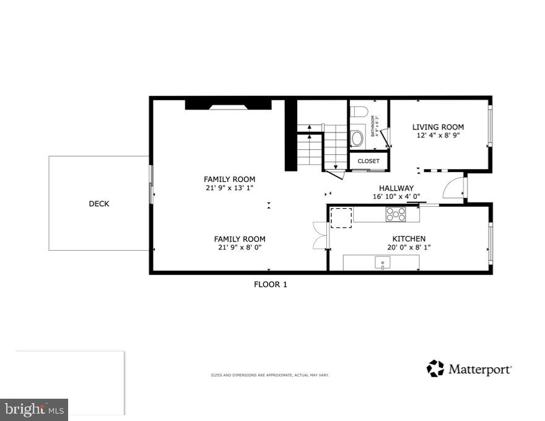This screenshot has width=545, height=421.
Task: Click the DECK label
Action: (x=98, y=204)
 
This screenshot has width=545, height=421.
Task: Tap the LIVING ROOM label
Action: (x=438, y=127)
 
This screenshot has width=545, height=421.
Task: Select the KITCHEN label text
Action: (x=409, y=238)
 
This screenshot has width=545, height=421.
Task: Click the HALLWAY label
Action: (x=396, y=188)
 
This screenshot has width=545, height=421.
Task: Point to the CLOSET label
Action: (x=368, y=161)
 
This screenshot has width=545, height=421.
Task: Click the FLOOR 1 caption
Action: (x=271, y=285)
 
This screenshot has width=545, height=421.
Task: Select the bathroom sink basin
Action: (x=357, y=137)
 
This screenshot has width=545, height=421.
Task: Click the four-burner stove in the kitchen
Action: (x=396, y=214)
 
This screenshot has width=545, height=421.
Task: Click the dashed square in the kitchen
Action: (x=341, y=219)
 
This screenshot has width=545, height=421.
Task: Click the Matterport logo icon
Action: (x=435, y=368)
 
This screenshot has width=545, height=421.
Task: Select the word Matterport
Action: (x=479, y=370)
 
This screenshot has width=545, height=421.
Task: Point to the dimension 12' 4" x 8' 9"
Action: (x=438, y=135)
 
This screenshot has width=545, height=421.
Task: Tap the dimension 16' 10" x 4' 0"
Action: (x=396, y=197)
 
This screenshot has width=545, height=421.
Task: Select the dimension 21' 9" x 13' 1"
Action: (x=229, y=188)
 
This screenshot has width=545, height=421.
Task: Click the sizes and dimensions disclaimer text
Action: (x=269, y=375)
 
